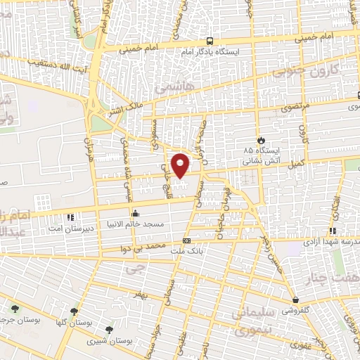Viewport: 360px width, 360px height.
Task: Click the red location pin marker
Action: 181,166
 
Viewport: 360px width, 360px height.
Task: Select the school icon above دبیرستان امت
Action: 70,217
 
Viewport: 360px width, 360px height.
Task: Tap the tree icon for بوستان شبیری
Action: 108,329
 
